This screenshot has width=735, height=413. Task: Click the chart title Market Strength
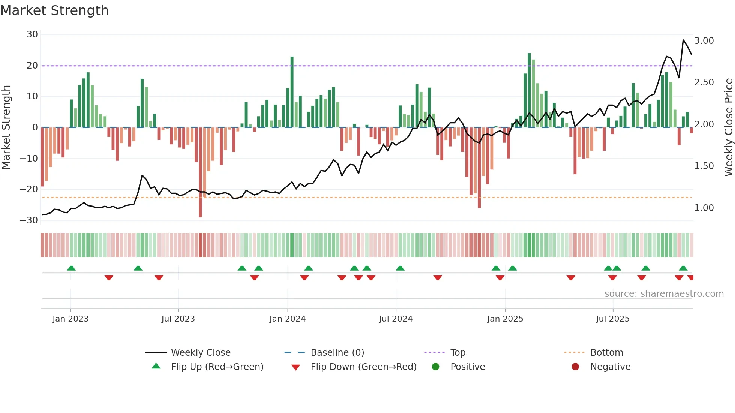click(x=54, y=10)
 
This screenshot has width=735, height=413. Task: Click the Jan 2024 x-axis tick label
click(x=287, y=319)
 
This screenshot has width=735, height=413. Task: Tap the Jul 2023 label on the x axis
click(x=178, y=319)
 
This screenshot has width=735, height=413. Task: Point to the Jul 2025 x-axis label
click(x=612, y=319)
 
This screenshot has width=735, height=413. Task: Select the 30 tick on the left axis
click(x=32, y=34)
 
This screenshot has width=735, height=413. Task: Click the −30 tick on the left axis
click(x=29, y=220)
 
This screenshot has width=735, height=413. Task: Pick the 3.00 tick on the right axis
click(x=704, y=41)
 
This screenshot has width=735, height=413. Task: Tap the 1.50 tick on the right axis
click(x=704, y=166)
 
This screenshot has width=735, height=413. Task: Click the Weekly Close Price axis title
click(x=728, y=127)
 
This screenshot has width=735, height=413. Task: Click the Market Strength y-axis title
click(x=6, y=127)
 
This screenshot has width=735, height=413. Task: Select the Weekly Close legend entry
click(x=200, y=353)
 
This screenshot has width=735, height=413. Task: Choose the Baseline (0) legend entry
click(x=337, y=353)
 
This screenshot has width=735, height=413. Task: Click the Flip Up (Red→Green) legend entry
click(x=217, y=367)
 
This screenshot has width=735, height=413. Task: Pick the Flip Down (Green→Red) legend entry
click(x=363, y=367)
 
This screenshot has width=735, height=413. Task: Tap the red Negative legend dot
click(x=575, y=367)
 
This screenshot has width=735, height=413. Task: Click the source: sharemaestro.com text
click(x=664, y=294)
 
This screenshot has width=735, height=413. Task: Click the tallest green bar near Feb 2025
click(x=529, y=90)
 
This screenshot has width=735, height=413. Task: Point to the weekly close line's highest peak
click(x=683, y=40)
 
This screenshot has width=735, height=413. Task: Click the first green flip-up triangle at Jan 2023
click(x=71, y=268)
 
